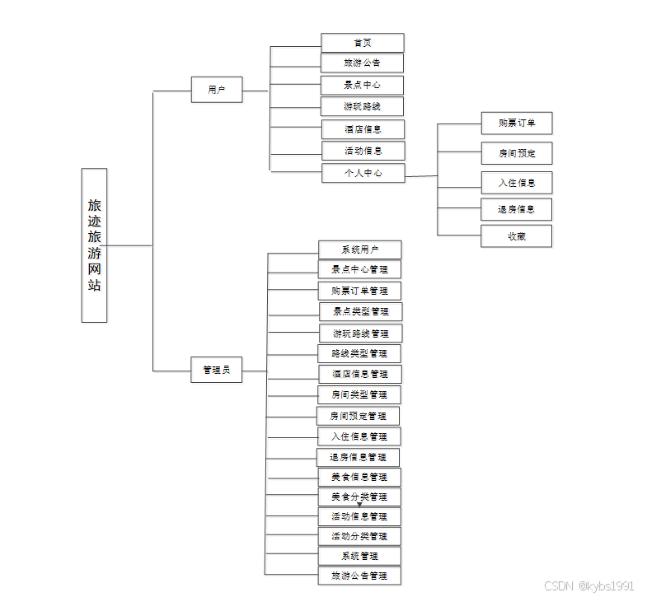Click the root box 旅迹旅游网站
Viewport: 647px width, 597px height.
[x=94, y=245]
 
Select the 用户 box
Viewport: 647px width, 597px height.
[x=217, y=90]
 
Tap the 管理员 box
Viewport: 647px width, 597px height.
[x=217, y=370]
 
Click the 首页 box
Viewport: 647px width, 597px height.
[x=362, y=43]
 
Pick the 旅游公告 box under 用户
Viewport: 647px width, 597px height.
[x=362, y=63]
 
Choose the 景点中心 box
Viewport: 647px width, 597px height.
[x=362, y=85]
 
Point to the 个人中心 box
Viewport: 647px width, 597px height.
[x=363, y=173]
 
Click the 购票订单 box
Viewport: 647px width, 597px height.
[x=516, y=124]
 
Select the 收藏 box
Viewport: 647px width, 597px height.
[x=516, y=236]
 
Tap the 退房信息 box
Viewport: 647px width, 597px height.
[x=516, y=209]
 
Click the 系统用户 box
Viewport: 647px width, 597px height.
[x=359, y=250]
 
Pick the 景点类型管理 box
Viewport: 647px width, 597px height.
[x=360, y=311]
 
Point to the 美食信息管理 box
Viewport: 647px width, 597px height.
[x=359, y=477]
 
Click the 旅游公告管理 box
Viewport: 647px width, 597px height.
[x=359, y=576]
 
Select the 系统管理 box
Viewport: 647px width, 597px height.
[x=359, y=556]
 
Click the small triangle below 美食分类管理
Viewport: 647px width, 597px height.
[x=359, y=505]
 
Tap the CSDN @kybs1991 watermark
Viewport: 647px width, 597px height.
[x=589, y=585]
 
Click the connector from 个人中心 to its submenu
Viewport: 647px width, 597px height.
[x=421, y=175]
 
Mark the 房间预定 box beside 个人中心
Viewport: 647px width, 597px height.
[x=516, y=153]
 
